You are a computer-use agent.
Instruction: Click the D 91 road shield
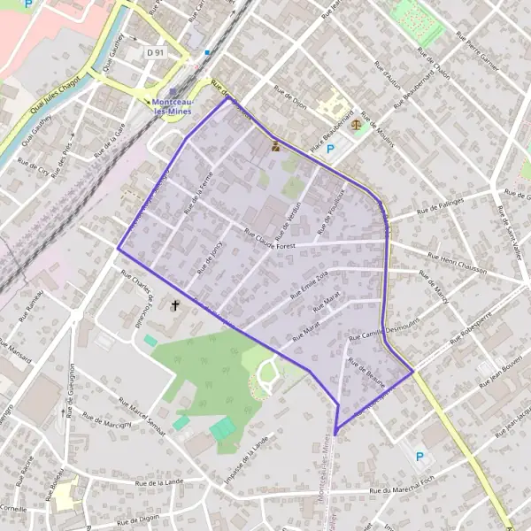(156, 53)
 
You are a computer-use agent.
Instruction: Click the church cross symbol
(174, 306)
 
